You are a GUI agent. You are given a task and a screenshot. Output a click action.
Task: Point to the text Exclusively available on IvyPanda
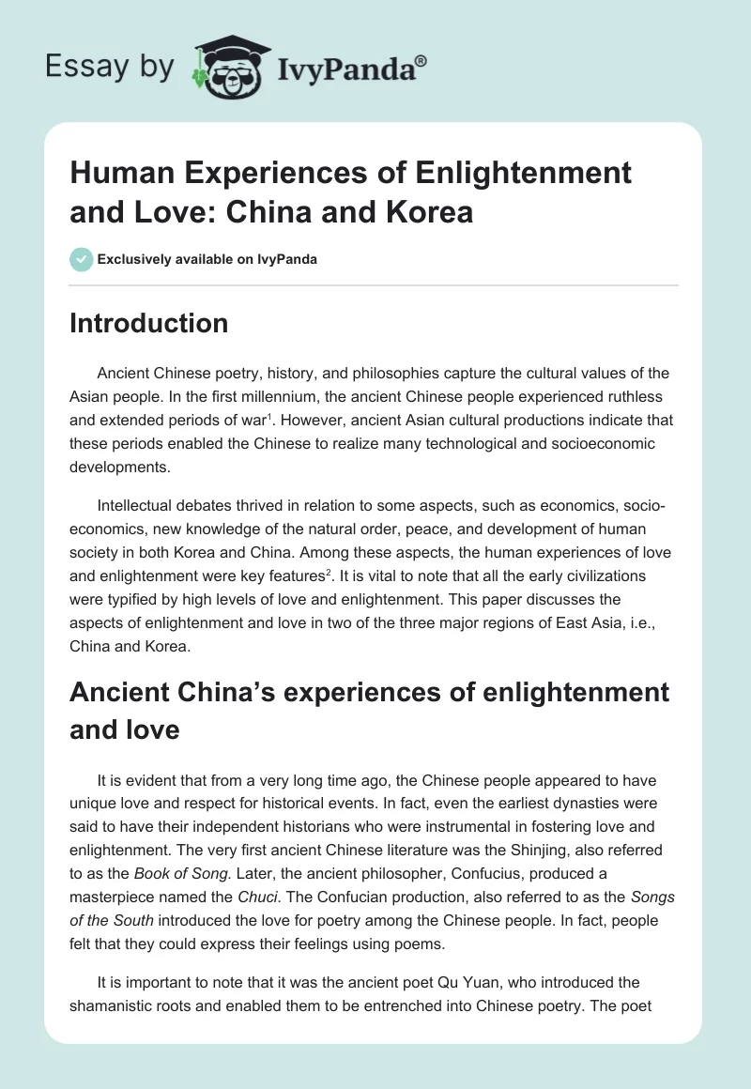tap(207, 259)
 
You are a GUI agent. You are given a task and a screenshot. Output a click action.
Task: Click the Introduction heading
tap(148, 323)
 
